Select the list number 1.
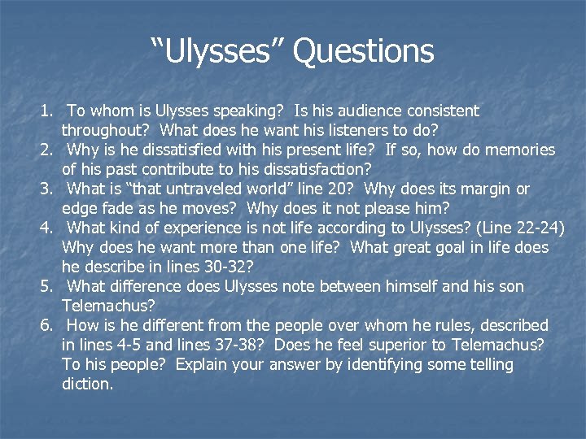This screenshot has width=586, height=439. pyautogui.click(x=47, y=111)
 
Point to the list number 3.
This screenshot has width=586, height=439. pyautogui.click(x=47, y=189)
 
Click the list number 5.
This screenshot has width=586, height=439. pyautogui.click(x=47, y=287)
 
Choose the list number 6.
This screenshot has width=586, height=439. pyautogui.click(x=47, y=326)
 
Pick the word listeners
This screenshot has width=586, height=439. pyautogui.click(x=335, y=130)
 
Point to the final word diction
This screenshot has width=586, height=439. pyautogui.click(x=87, y=384)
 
